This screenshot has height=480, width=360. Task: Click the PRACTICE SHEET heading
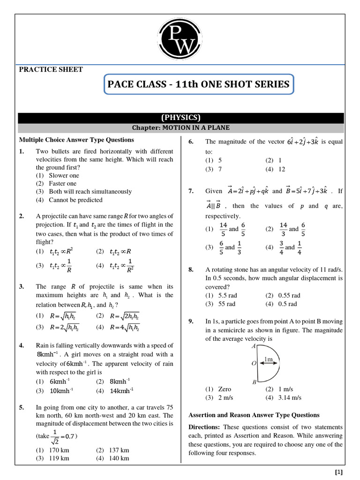point(51,69)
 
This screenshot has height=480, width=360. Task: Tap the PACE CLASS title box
point(199,85)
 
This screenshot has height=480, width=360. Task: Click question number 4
point(22,346)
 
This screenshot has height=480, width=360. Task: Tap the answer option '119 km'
point(59,458)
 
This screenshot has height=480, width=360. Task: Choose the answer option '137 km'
point(119,450)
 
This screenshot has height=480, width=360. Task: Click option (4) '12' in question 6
point(281,169)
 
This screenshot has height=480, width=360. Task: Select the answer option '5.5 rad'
point(228,296)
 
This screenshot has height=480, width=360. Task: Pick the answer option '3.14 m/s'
point(290,397)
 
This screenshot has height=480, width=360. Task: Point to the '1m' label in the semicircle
point(269,360)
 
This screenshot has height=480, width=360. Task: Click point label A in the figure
point(254,346)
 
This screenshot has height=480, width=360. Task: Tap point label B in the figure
point(254,382)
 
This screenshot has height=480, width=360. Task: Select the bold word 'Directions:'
point(204,427)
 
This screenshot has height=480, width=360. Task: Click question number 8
point(191,270)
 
